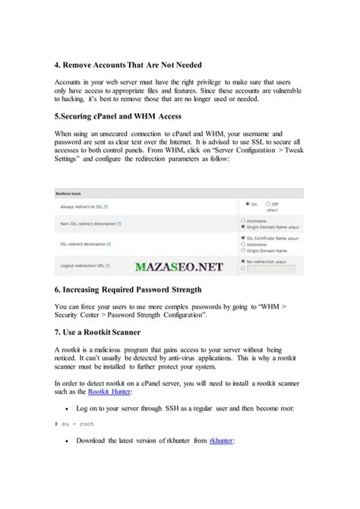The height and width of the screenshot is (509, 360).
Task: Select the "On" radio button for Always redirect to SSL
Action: coord(248,204)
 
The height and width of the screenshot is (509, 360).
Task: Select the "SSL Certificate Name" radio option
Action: coord(242,237)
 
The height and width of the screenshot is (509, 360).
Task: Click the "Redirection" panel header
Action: coord(70,194)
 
